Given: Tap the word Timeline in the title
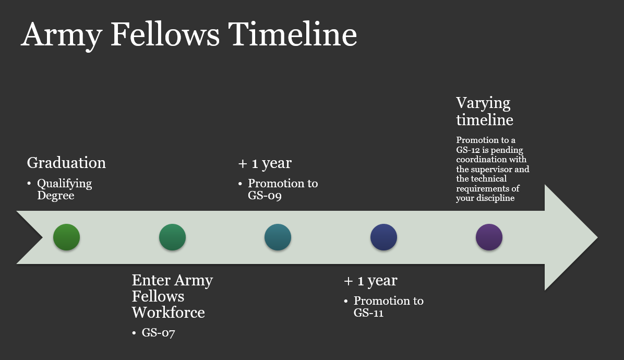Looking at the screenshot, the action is (293, 34).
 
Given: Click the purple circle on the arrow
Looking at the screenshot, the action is (489, 237).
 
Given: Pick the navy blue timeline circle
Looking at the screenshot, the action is (383, 237).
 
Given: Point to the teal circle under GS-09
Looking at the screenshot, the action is (278, 237).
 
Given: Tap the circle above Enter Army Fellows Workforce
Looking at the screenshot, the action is (172, 237).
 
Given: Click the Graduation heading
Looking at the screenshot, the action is (66, 163).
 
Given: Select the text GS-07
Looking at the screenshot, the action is (159, 332).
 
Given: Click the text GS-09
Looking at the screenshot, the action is (265, 196).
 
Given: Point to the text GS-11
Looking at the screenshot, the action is (368, 313).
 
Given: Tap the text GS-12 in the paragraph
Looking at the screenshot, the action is (468, 150).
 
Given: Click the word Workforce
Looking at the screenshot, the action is (169, 313).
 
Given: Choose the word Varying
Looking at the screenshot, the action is (483, 103).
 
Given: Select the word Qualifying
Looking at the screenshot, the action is (65, 184).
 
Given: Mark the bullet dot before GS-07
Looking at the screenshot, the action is (134, 333).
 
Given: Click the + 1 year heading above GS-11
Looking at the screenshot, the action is (370, 281).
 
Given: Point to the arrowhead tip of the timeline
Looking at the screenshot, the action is (597, 237).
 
